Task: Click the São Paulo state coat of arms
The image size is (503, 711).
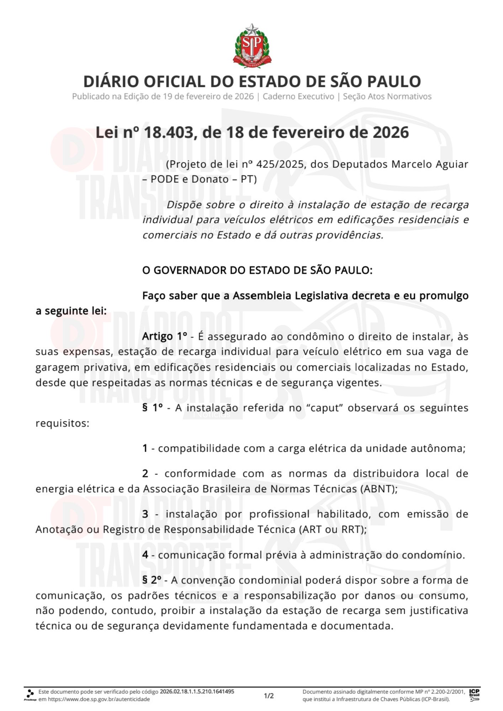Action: tap(252, 46)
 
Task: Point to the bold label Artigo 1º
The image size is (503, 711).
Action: tap(165, 336)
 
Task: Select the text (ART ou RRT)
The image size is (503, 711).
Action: tap(333, 529)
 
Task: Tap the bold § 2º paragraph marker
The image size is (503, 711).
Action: tap(152, 580)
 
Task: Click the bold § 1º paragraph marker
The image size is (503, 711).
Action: tap(153, 408)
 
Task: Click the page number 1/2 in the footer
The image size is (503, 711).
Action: tap(269, 696)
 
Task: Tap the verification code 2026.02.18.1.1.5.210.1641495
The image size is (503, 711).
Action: tap(197, 691)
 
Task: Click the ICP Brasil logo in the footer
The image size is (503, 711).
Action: tap(474, 695)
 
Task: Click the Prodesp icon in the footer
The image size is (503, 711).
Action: tap(30, 695)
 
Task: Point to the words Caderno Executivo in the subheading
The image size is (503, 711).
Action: tap(298, 96)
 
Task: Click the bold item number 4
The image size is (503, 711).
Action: tap(145, 555)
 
